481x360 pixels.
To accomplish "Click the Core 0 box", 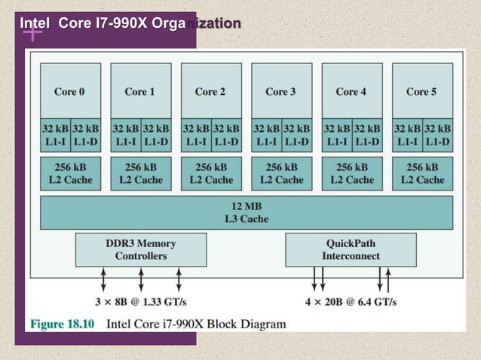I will [x=70, y=90].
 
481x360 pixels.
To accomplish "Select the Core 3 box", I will [x=281, y=90].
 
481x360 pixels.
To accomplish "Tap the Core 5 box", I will [x=422, y=90].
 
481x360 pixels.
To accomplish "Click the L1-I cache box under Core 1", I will [x=125, y=136].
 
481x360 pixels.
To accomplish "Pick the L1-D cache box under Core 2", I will [x=226, y=136].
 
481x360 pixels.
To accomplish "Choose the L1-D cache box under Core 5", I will [x=437, y=136].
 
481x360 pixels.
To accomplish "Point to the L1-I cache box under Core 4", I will [x=336, y=136].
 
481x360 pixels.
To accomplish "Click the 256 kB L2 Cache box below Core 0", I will [x=70, y=173].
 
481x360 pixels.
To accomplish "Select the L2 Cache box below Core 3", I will [x=281, y=173].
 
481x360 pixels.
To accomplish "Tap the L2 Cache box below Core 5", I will [x=422, y=173].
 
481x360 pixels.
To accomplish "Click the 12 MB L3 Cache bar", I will [x=247, y=212].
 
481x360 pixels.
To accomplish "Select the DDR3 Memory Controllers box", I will [x=141, y=249].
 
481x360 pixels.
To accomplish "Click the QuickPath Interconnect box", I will [x=351, y=249].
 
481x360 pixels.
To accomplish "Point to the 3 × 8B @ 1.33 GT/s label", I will [x=140, y=302].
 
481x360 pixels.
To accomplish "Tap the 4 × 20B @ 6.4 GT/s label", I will [x=351, y=302].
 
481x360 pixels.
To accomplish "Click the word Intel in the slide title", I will [x=35, y=23].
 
